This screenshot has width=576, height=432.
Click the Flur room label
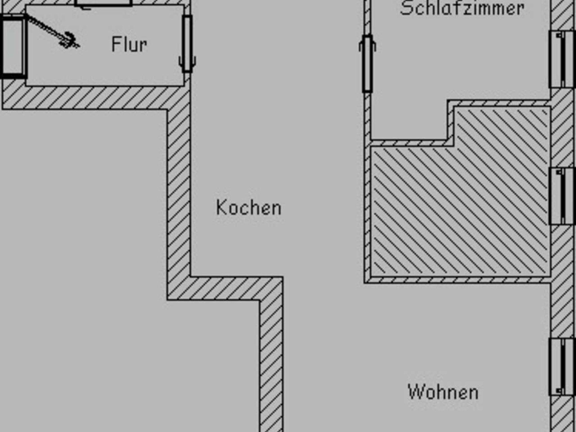tap(129, 44)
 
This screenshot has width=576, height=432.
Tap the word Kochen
tap(249, 208)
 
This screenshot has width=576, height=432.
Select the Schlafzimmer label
tap(462, 8)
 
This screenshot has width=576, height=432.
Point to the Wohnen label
tap(443, 392)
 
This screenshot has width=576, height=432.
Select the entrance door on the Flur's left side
tap(13, 46)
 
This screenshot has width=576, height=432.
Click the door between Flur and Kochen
tap(187, 44)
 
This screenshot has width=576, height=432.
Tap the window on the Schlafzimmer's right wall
tap(562, 59)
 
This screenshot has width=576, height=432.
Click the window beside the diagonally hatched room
tap(562, 196)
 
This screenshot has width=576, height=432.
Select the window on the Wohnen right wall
tap(562, 367)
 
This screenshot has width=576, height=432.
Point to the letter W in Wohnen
tap(416, 392)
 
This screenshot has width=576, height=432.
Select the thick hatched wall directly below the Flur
tap(93, 97)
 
